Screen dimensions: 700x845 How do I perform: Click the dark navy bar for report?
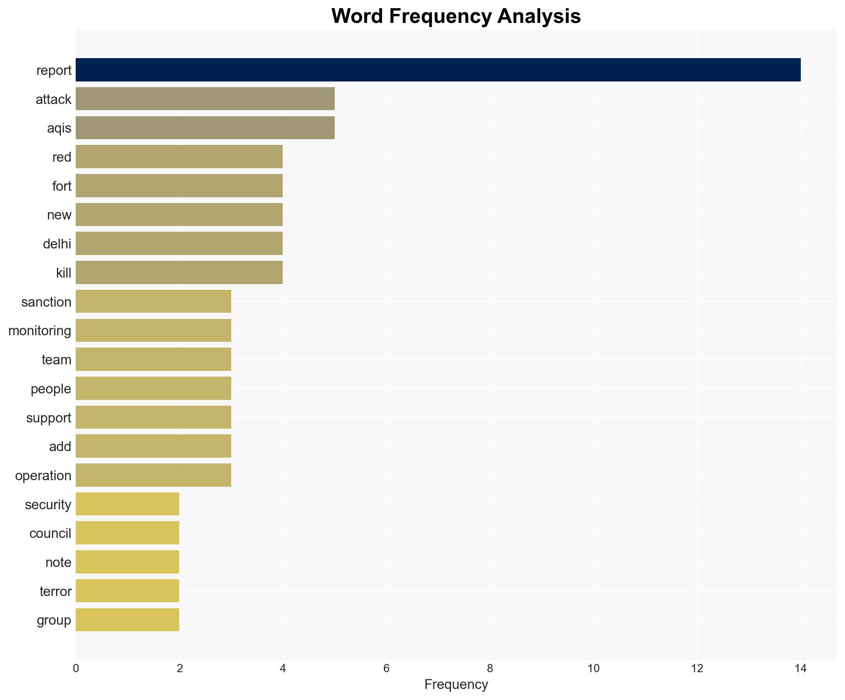(x=438, y=70)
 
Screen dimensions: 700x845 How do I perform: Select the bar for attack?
(x=205, y=99)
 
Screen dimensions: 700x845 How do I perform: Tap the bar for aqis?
(x=205, y=128)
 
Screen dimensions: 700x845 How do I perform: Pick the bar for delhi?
(x=179, y=244)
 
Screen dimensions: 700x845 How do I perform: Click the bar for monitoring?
(x=153, y=330)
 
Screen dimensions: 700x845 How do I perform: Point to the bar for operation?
(x=153, y=475)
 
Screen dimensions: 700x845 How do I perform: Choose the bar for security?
(x=127, y=504)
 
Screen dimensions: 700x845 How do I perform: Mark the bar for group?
(x=127, y=620)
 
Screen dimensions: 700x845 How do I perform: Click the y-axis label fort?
(x=62, y=186)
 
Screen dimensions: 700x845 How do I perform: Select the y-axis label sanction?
(x=46, y=302)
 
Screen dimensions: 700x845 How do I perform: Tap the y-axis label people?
(x=51, y=389)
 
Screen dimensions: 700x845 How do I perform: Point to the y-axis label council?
(x=50, y=533)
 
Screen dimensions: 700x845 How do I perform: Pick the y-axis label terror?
(x=56, y=592)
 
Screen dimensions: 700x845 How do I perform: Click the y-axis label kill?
(x=64, y=273)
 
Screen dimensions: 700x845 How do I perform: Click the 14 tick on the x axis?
(x=800, y=669)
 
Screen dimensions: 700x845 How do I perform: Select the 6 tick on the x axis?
(x=386, y=669)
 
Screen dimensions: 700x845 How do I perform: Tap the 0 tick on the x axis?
(x=76, y=669)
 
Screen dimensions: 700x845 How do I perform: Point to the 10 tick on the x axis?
(x=593, y=669)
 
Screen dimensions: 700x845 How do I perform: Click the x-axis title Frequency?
(x=456, y=684)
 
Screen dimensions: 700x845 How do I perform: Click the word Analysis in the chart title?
(x=539, y=16)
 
